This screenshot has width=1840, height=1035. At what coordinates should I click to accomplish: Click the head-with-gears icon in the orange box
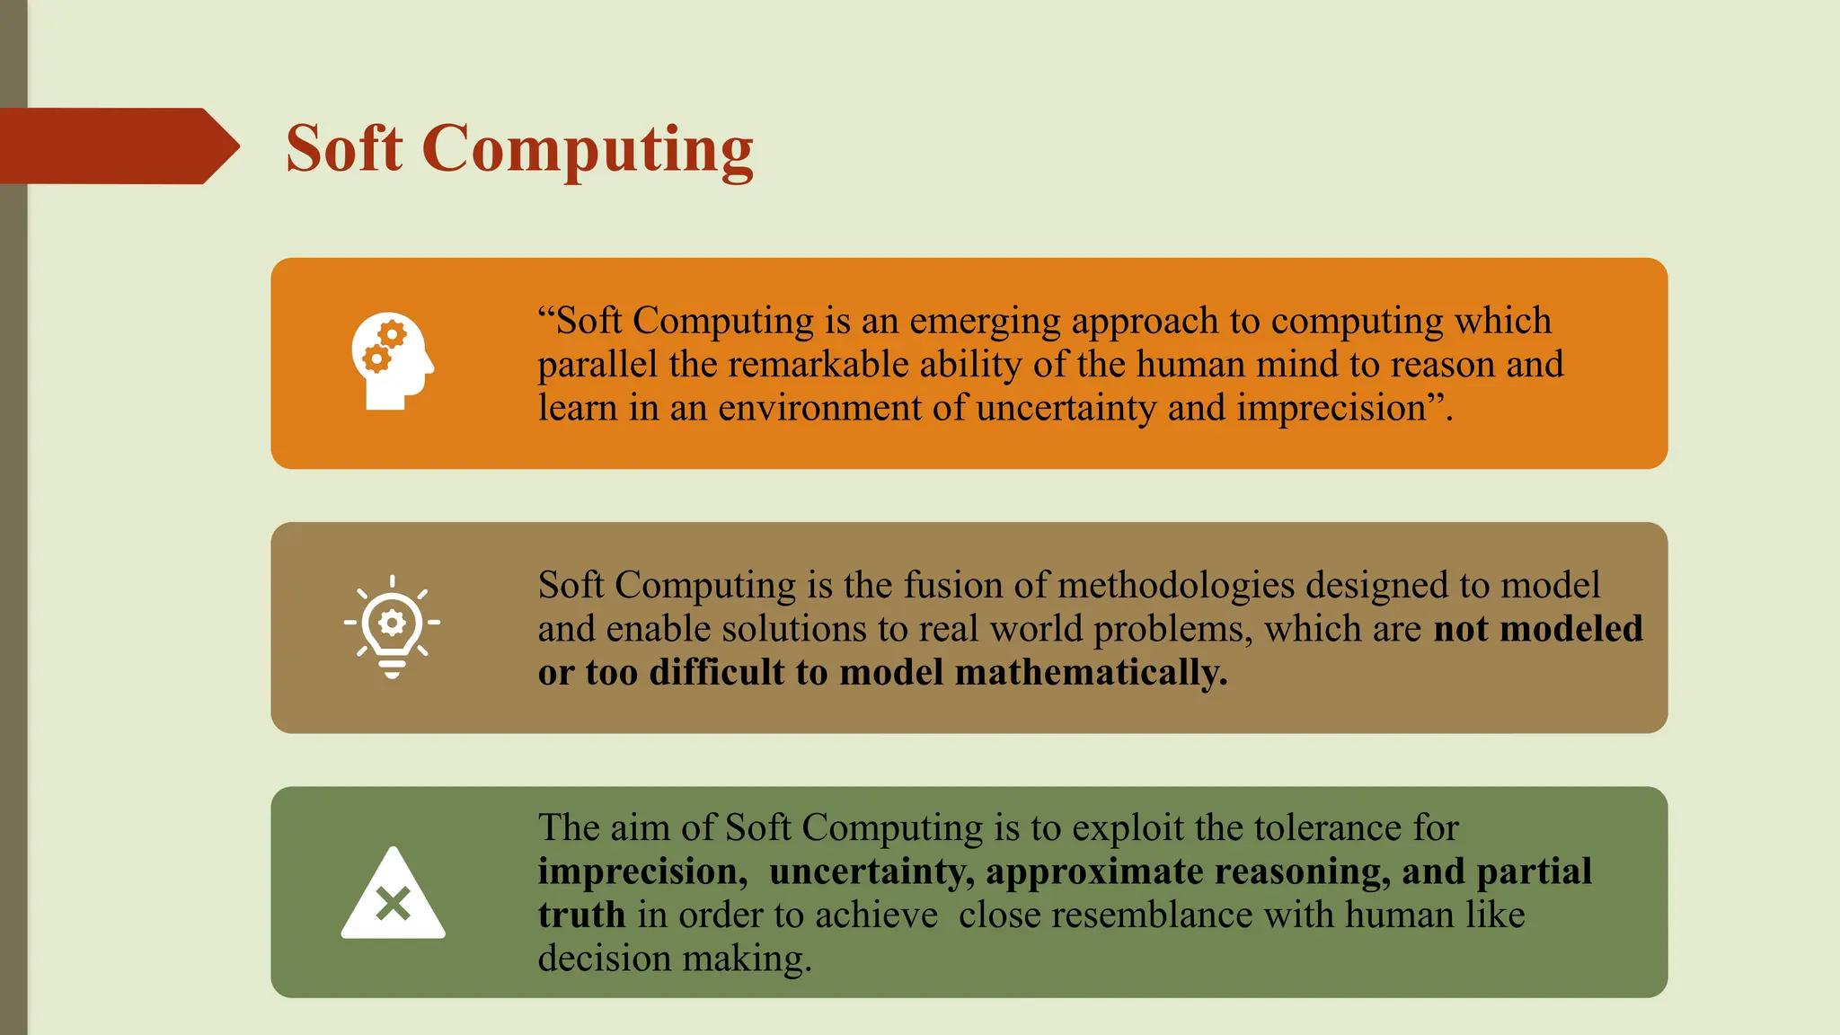click(393, 362)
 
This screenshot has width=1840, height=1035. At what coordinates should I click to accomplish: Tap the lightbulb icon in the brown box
click(392, 625)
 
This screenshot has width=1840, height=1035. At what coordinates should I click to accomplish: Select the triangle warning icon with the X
click(393, 895)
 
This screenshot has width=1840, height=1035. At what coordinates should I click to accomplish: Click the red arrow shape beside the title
click(117, 146)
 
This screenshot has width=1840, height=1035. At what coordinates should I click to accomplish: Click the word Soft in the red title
click(344, 148)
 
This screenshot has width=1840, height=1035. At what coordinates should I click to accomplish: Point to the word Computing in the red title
click(588, 148)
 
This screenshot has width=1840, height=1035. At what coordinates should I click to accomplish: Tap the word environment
click(819, 408)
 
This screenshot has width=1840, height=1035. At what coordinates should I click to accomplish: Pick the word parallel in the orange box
click(597, 365)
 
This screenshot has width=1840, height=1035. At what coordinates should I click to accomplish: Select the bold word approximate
click(1094, 871)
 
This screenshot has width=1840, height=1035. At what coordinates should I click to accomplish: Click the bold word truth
click(581, 915)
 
